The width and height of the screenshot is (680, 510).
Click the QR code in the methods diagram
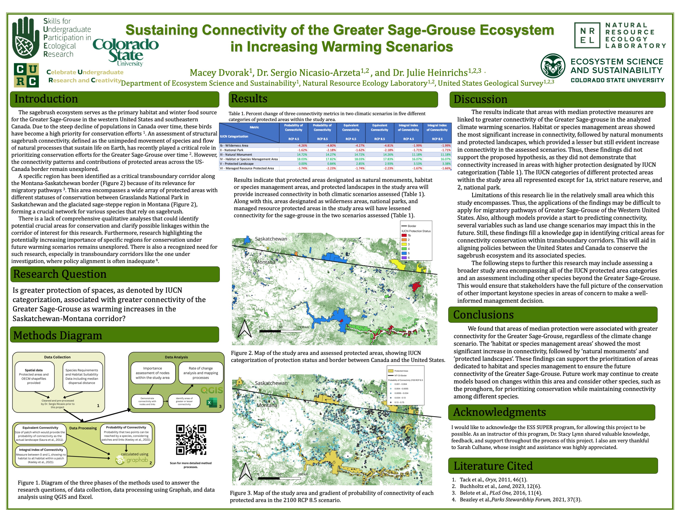tap(191, 440)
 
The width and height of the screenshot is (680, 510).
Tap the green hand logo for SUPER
tap(26, 37)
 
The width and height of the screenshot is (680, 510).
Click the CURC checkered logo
tap(26, 75)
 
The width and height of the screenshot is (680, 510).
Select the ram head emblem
tap(553, 66)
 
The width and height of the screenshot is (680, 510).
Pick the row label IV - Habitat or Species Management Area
tap(249, 159)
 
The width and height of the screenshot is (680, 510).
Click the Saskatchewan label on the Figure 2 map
tap(271, 239)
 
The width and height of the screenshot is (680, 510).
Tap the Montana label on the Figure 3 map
tap(267, 405)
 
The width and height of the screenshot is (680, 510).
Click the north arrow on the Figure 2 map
tap(245, 329)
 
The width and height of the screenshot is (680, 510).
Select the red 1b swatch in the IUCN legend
tap(404, 235)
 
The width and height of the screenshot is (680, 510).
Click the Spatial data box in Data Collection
tap(34, 377)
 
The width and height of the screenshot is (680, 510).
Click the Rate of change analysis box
tap(200, 373)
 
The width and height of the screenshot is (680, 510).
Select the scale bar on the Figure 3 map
tap(279, 478)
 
